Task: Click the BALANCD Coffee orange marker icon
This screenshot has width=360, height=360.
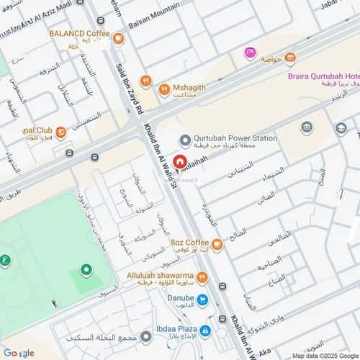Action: click(x=118, y=38)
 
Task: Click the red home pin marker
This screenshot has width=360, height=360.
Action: click(x=178, y=164)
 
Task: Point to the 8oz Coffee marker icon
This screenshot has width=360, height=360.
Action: click(x=217, y=246)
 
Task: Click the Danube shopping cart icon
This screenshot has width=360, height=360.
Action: click(x=204, y=300)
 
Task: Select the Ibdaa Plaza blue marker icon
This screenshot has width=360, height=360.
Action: click(x=205, y=330)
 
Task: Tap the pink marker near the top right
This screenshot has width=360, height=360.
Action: click(x=250, y=53)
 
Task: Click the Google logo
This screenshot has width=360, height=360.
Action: click(x=19, y=353)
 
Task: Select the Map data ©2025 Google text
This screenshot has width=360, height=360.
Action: click(x=324, y=355)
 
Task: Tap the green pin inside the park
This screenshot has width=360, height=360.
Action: click(x=86, y=271)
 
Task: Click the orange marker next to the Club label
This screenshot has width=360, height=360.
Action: click(x=61, y=132)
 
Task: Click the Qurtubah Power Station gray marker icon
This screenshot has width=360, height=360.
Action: click(x=185, y=140)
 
